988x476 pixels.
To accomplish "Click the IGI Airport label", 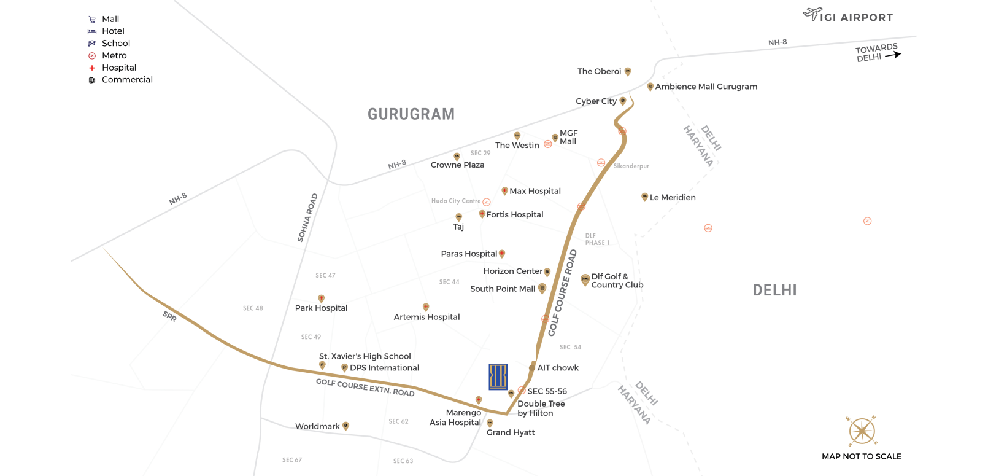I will tap(857, 18).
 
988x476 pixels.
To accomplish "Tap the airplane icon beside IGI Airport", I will tap(812, 14).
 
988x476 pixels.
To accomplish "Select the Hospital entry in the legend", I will tap(119, 68).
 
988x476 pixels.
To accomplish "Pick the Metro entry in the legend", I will tap(114, 55).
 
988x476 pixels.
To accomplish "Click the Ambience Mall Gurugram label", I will tap(706, 87).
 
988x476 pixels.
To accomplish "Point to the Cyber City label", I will tap(596, 101).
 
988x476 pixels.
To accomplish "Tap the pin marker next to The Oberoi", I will tap(628, 72).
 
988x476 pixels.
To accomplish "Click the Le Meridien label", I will tap(673, 197).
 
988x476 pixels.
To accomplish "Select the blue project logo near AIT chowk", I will tap(498, 377).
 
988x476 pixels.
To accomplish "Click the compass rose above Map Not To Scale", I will tap(862, 431).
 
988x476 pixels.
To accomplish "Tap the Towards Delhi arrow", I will tap(893, 55).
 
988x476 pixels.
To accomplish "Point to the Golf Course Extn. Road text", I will tap(365, 387).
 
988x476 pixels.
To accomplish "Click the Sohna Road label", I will tap(307, 217).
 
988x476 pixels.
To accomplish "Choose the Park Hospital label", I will tap(321, 308).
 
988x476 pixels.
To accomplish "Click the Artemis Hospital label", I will tap(426, 317).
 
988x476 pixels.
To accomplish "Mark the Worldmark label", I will tap(317, 426).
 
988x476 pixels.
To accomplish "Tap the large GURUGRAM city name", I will tap(411, 114).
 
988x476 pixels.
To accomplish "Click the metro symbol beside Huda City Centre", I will tap(487, 202).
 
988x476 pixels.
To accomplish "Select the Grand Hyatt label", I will tap(511, 432).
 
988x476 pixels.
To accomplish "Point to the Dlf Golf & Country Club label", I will tap(617, 281).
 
